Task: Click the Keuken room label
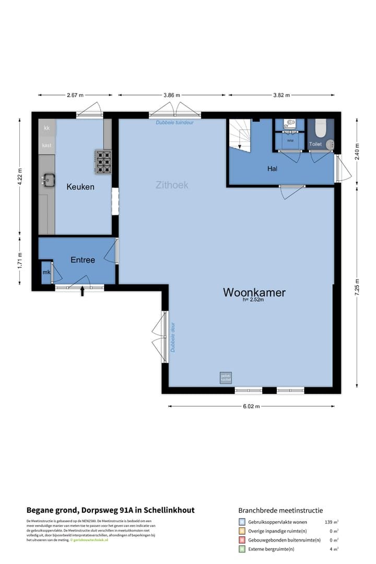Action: pos(80,186)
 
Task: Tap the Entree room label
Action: pos(83,260)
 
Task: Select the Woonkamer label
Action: pos(254,292)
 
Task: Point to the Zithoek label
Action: pos(172,185)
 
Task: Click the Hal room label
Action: pos(272,169)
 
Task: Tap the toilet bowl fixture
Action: pos(321,128)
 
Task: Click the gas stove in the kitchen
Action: pos(103,161)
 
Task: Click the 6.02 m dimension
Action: pos(251,406)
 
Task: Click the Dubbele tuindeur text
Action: pos(174,123)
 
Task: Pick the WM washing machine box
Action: pos(290,141)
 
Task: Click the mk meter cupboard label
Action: pos(45,273)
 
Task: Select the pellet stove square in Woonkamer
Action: pos(226,378)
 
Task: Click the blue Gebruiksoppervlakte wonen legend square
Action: pos(242,522)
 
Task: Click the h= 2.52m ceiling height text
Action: pos(253,300)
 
